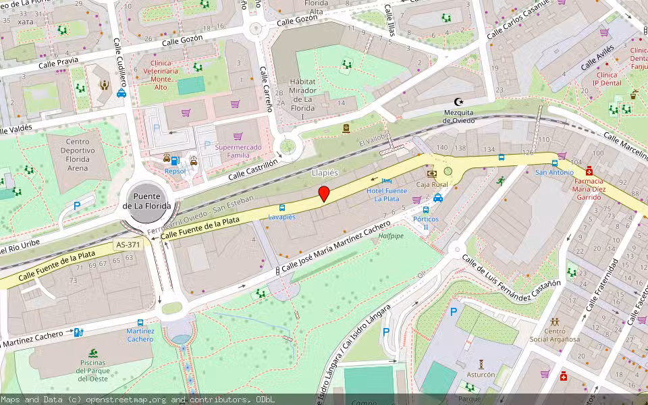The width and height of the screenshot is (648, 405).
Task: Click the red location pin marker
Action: [x=324, y=194]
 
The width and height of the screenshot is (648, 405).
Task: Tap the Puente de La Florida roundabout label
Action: [x=152, y=200]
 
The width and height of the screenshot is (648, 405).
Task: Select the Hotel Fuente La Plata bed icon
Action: [x=386, y=181]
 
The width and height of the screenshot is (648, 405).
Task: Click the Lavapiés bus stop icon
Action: [x=281, y=208]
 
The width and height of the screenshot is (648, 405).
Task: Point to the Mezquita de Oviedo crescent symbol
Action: [x=460, y=101]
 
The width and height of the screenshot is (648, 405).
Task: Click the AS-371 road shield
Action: [x=128, y=244]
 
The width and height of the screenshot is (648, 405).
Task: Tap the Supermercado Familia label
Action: [x=237, y=151]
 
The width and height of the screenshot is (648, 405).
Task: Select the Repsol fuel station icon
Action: [x=175, y=160]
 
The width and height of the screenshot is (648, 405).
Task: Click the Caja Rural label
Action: [x=432, y=184]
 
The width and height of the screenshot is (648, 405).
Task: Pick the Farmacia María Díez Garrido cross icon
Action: [x=589, y=171]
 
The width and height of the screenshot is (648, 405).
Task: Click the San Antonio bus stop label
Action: [x=554, y=172]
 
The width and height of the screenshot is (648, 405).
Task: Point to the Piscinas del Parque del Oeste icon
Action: [x=92, y=353]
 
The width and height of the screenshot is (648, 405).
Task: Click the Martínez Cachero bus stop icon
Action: [x=140, y=323]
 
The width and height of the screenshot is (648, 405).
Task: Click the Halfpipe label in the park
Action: [x=391, y=236]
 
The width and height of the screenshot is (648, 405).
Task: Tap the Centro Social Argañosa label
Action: [x=554, y=335]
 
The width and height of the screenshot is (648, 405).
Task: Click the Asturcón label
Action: [x=481, y=374]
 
